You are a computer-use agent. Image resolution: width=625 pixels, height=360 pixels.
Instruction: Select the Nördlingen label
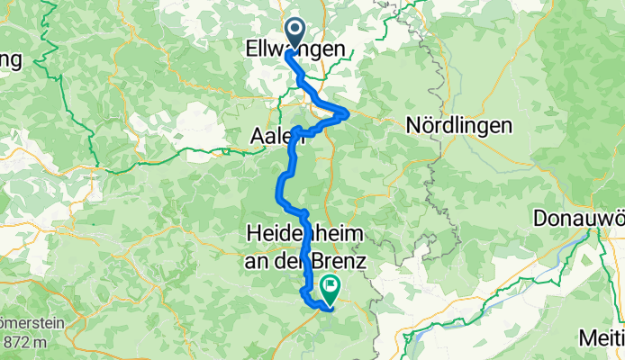[459, 126]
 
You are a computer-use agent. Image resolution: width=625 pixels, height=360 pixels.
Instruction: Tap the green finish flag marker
[329, 290]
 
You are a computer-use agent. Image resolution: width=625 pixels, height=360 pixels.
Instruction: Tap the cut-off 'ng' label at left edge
[11, 61]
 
